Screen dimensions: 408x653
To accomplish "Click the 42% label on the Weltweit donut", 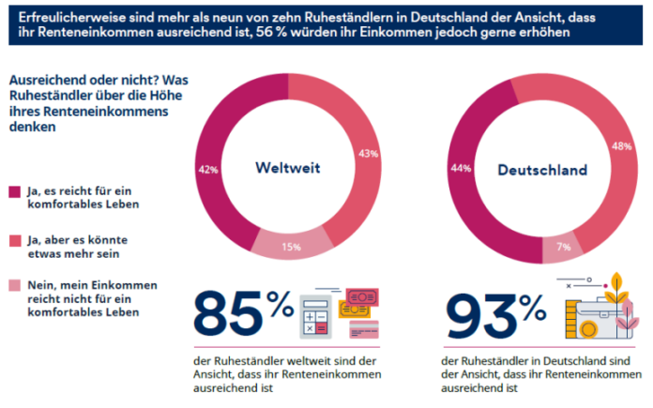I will pyautogui.click(x=207, y=170).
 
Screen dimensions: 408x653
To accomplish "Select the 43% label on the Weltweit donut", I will pyautogui.click(x=368, y=152).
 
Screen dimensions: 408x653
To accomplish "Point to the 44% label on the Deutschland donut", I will pyautogui.click(x=461, y=168).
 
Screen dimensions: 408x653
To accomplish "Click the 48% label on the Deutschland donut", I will pyautogui.click(x=621, y=146).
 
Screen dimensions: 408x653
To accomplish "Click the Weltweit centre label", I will pyautogui.click(x=288, y=169).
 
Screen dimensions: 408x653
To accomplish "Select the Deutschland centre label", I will pyautogui.click(x=541, y=170).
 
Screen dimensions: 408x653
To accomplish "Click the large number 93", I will pyautogui.click(x=478, y=317).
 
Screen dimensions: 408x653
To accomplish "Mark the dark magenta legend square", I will pyautogui.click(x=13, y=191).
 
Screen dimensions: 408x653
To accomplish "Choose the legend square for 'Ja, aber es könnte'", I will pyautogui.click(x=13, y=239).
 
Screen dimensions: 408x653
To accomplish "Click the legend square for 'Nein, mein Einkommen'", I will pyautogui.click(x=13, y=285).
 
